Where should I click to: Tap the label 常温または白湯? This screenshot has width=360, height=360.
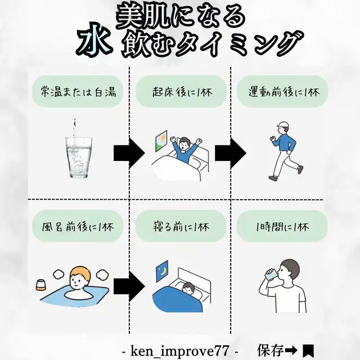(78, 92)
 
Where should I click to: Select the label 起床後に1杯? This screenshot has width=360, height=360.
(182, 92)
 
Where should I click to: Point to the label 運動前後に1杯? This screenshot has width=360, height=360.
(283, 92)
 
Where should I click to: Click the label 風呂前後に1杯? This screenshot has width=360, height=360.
(78, 227)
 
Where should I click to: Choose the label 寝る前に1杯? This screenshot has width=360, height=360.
(181, 227)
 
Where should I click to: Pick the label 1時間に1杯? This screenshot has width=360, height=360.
(282, 227)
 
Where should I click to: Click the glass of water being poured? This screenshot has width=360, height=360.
(79, 157)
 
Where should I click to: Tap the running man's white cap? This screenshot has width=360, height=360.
(282, 125)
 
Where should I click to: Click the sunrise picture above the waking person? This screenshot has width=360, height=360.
(161, 141)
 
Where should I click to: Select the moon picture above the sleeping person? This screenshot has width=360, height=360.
(162, 271)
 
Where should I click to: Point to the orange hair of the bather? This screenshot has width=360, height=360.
(80, 273)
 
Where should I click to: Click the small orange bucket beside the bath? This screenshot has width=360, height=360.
(40, 285)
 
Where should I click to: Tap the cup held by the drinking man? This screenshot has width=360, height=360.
(271, 274)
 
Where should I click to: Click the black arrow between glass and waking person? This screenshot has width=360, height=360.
(129, 153)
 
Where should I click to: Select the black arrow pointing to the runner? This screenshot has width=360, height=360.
(231, 153)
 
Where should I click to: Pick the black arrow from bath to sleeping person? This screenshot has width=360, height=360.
(129, 286)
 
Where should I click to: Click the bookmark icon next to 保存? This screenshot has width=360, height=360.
(308, 351)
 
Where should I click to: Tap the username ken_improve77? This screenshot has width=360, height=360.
(180, 351)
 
